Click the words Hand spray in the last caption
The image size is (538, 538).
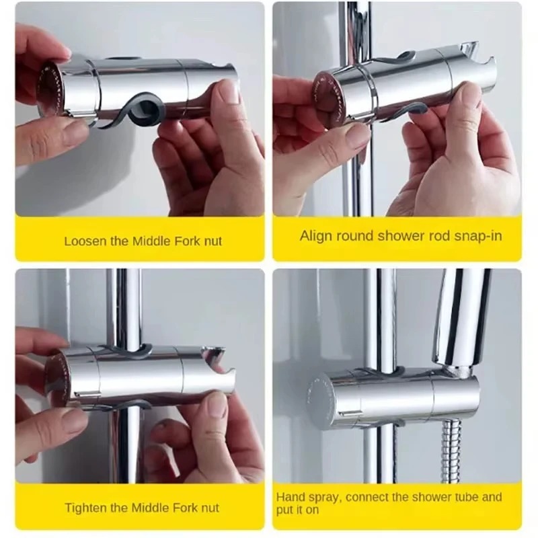[303, 497]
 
